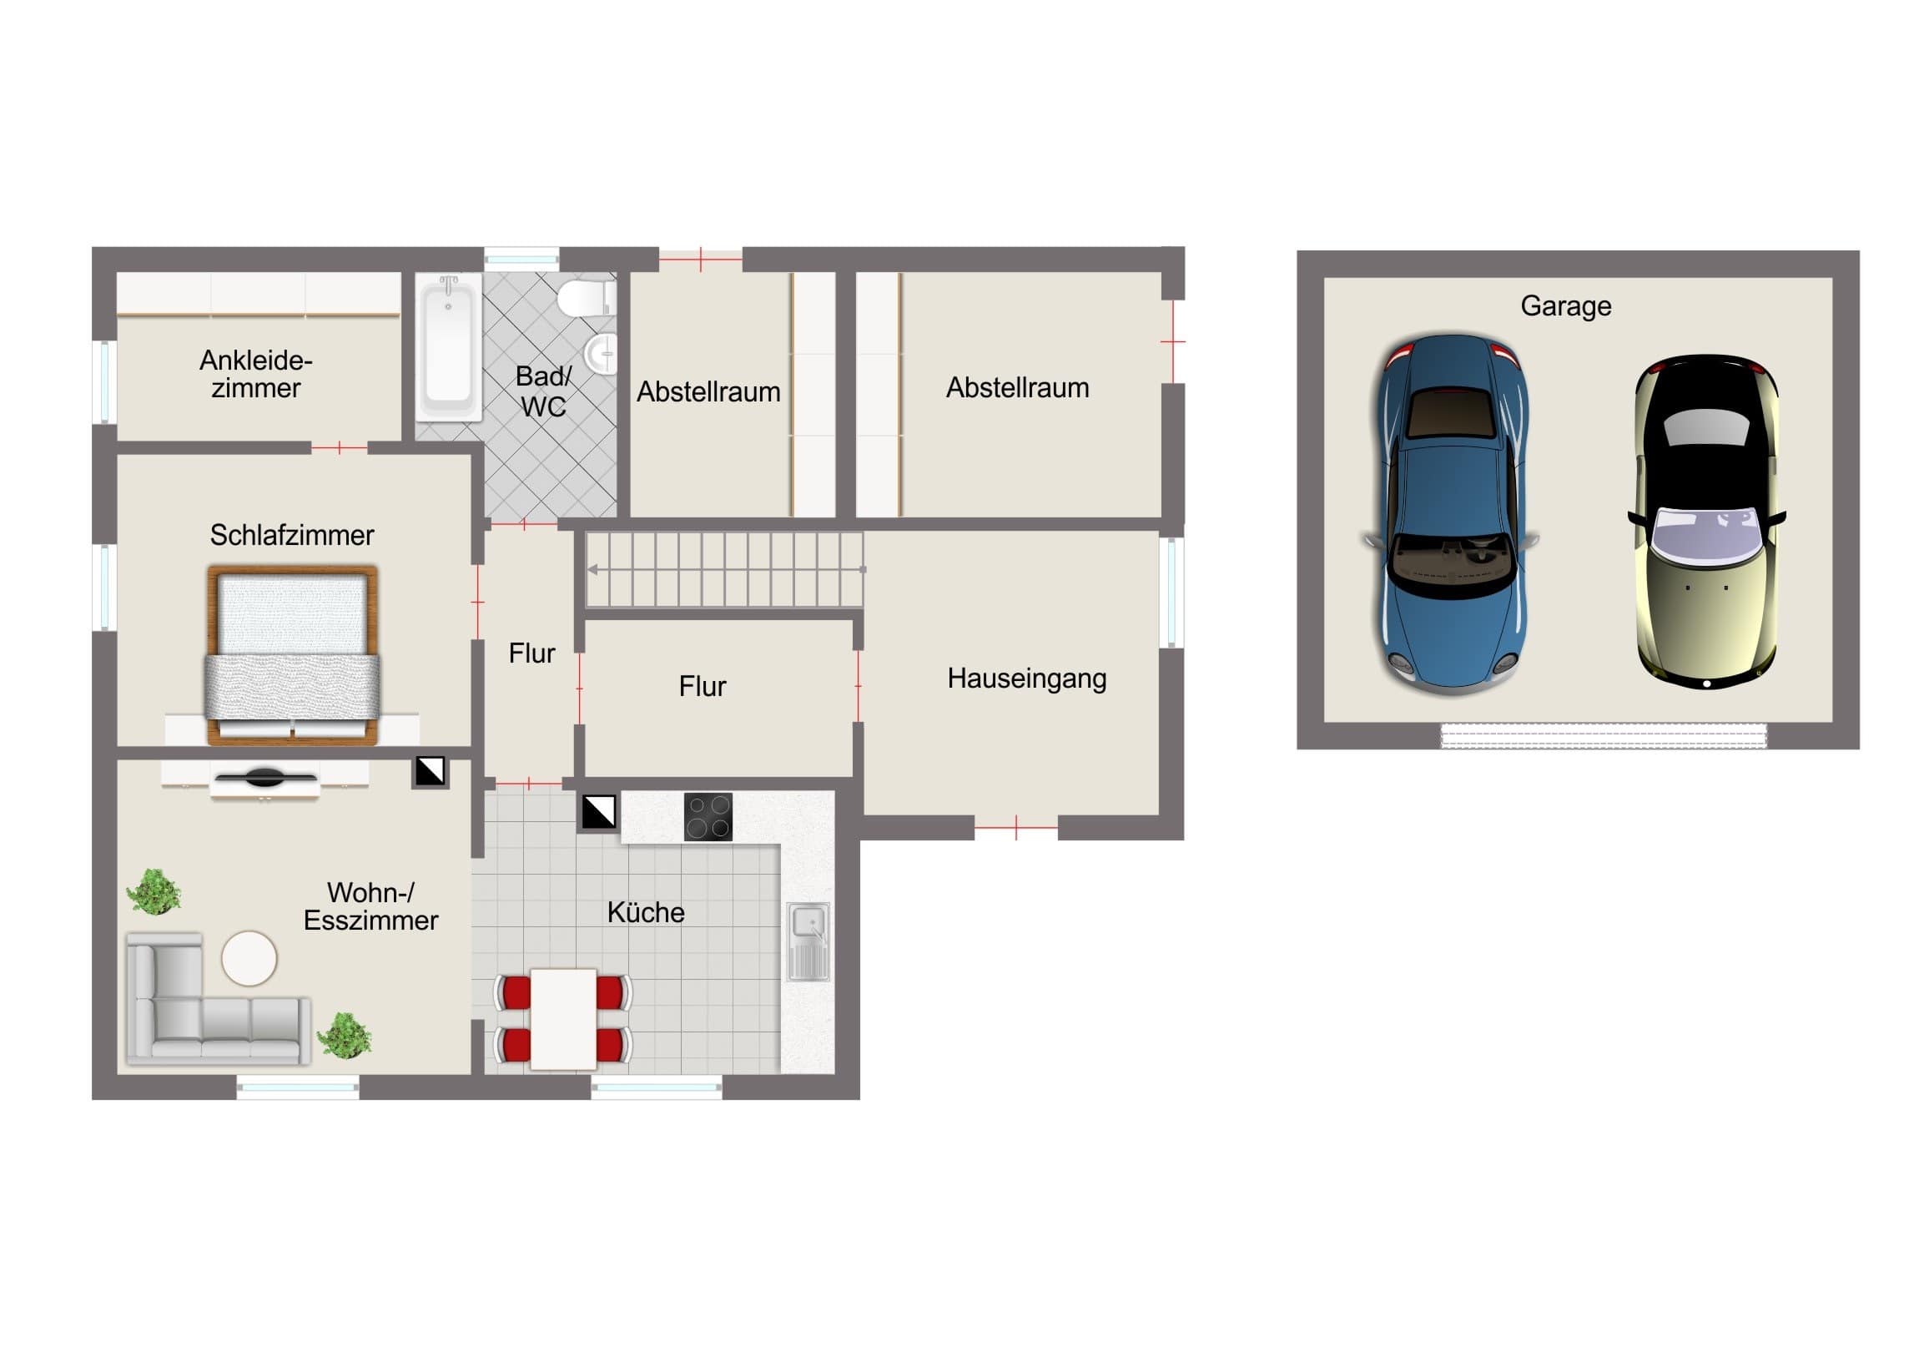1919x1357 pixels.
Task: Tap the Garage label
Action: [1565, 306]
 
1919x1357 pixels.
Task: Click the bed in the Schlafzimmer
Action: [293, 655]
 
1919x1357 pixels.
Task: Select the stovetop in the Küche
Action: [708, 816]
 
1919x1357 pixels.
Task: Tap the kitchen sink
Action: [808, 941]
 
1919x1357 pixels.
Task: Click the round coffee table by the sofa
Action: [249, 958]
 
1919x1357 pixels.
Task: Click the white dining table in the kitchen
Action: [563, 1018]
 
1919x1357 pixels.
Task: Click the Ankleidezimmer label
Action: [256, 374]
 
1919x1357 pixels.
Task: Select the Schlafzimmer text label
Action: [292, 535]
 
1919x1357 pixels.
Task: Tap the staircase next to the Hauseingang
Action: [724, 569]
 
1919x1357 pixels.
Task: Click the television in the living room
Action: [265, 779]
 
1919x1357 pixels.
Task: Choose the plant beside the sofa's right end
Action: [345, 1036]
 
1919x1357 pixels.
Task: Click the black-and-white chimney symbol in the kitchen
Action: [598, 811]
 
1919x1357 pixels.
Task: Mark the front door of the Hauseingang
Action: [1015, 828]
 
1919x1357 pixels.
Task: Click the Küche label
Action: [645, 912]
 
